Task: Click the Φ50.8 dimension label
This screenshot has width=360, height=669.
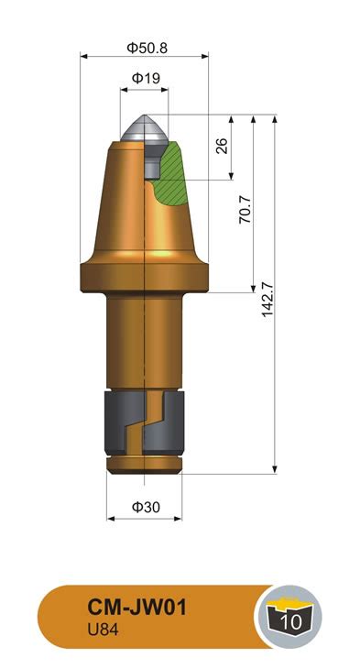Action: [147, 48]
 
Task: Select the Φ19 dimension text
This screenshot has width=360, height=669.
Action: [146, 78]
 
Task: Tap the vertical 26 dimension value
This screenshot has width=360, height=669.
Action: [222, 146]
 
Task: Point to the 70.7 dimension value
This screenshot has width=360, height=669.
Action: [245, 210]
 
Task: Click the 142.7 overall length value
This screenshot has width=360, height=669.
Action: [267, 299]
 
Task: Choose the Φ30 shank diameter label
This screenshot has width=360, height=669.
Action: [146, 507]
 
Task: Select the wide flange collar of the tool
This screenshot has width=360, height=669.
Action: [144, 278]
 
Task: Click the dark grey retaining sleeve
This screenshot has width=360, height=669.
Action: [144, 422]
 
